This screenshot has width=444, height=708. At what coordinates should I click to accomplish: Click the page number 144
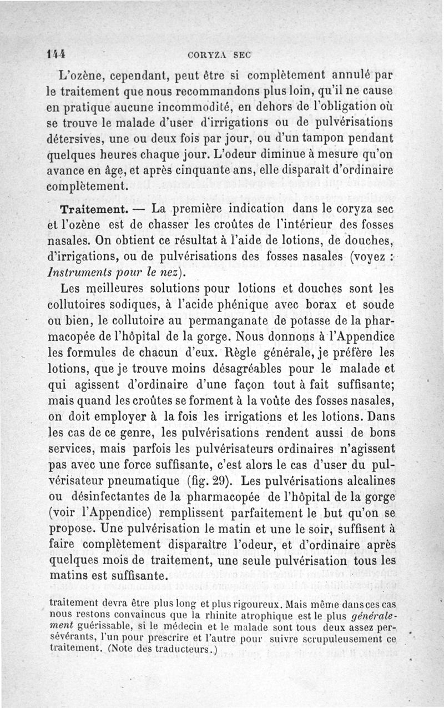(x=57, y=54)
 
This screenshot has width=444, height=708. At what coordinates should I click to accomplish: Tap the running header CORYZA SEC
(x=219, y=55)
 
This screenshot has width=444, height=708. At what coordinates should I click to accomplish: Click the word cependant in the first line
(x=139, y=74)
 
